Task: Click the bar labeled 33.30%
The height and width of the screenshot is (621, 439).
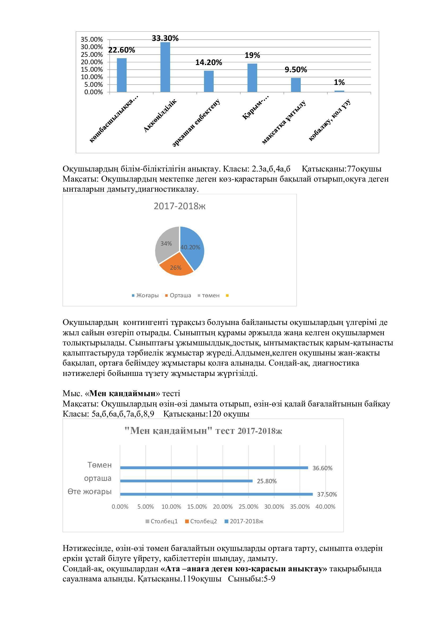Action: pyautogui.click(x=165, y=67)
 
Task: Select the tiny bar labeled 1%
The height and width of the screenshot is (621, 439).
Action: pyautogui.click(x=339, y=91)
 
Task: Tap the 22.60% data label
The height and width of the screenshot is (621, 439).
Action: pyautogui.click(x=122, y=50)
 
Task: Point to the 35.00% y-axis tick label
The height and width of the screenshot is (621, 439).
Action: pyautogui.click(x=92, y=40)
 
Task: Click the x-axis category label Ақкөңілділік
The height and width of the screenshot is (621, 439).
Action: pyautogui.click(x=160, y=116)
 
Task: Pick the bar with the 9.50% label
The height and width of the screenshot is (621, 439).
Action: pyautogui.click(x=296, y=85)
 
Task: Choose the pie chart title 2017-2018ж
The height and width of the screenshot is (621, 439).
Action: pyautogui.click(x=179, y=206)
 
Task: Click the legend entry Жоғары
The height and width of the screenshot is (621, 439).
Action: pyautogui.click(x=145, y=295)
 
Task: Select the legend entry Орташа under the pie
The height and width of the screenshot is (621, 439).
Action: pyautogui.click(x=178, y=295)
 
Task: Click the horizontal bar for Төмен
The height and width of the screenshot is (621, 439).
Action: pyautogui.click(x=214, y=468)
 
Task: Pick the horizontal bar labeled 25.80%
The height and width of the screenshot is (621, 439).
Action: pyautogui.click(x=186, y=481)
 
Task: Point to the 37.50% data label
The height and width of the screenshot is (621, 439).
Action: pyautogui.click(x=327, y=494)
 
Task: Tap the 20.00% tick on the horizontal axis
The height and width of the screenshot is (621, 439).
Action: pyautogui.click(x=222, y=507)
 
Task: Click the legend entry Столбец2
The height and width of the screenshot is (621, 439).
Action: pyautogui.click(x=201, y=521)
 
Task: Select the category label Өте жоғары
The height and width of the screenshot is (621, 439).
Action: pyautogui.click(x=90, y=491)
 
